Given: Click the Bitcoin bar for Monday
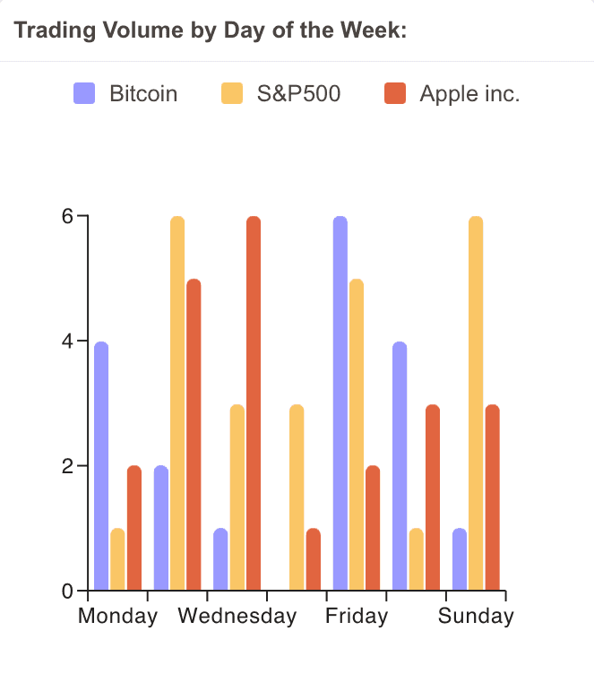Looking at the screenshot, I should (101, 466).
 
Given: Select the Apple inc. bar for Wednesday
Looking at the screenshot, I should (254, 403).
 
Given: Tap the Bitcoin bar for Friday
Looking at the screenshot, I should (340, 403).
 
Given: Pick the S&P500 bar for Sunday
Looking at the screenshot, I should (476, 403).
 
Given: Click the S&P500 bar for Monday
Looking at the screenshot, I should (117, 559).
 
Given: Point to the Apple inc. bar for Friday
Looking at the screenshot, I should (373, 528).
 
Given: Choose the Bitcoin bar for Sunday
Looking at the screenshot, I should (460, 559).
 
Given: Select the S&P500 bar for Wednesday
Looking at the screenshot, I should (237, 497).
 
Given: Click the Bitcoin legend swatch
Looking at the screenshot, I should (84, 93).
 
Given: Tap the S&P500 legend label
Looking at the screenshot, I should (298, 93).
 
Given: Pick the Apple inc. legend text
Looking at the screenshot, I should (469, 93).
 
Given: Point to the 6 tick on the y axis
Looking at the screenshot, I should (68, 217).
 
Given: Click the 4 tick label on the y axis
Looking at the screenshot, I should (68, 341).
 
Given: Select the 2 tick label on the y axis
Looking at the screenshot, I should (68, 466).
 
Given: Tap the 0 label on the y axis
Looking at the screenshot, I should (68, 592).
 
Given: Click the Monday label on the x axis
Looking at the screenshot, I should (117, 616).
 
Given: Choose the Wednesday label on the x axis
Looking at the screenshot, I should (237, 616).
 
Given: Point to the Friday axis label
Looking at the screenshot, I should (357, 616).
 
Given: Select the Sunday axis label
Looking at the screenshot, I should (476, 616).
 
